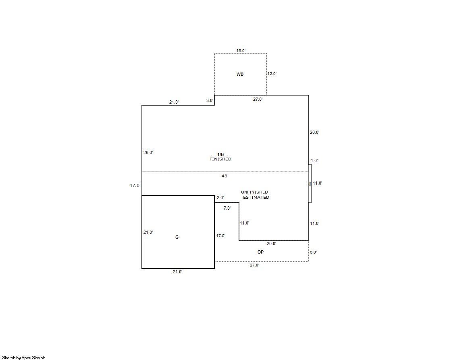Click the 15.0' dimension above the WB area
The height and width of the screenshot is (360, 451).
[x=241, y=51]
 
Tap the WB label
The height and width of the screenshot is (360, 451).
[x=240, y=74]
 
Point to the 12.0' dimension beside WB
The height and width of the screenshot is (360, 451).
[x=272, y=74]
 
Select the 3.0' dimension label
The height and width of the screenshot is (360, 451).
[x=210, y=100]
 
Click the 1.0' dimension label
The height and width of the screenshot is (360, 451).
[x=314, y=160]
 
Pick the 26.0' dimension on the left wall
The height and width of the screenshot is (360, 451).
[x=148, y=152]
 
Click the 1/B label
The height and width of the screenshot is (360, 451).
[x=220, y=154]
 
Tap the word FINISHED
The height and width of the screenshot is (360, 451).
[x=220, y=159]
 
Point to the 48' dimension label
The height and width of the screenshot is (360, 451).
[x=225, y=176]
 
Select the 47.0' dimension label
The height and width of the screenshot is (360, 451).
[x=135, y=185]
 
